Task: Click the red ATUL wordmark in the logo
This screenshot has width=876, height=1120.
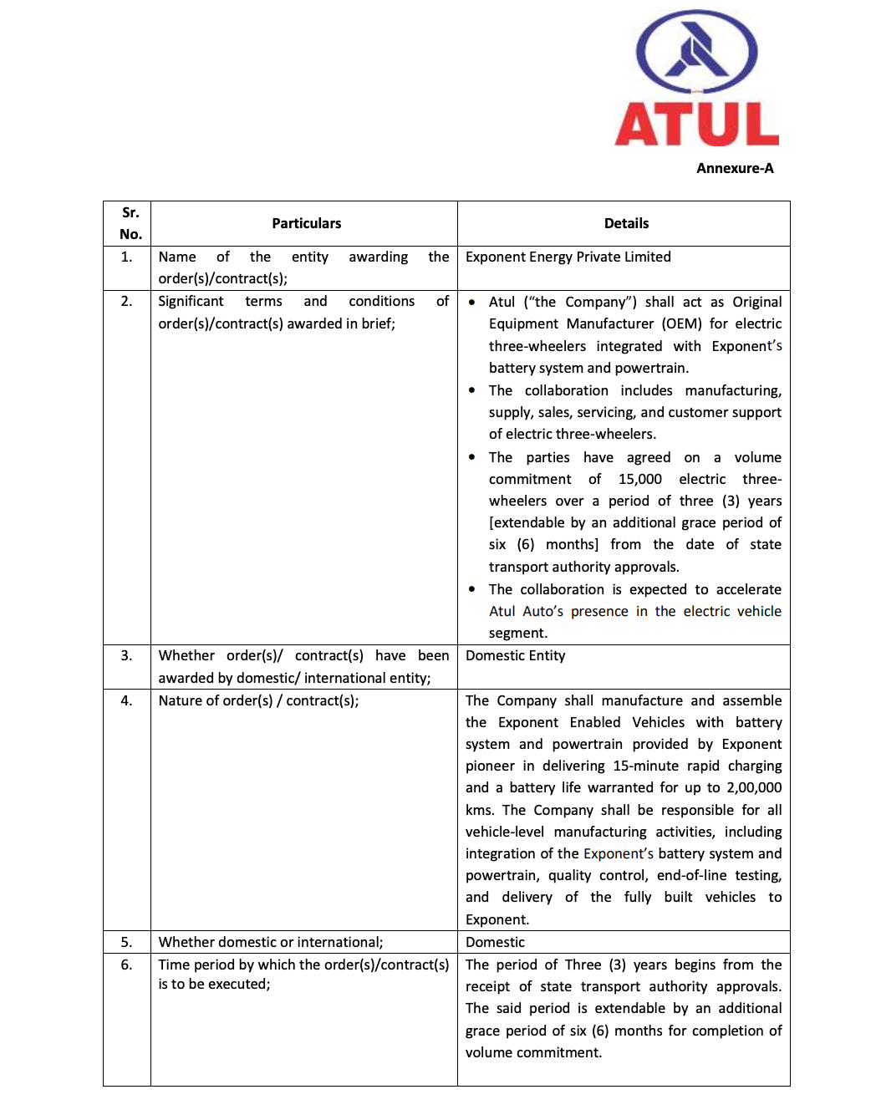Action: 696,125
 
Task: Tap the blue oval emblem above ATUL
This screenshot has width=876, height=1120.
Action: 696,52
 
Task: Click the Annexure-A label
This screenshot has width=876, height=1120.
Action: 735,168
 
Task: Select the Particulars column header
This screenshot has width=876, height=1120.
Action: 306,223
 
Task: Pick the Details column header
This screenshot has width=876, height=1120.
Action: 626,223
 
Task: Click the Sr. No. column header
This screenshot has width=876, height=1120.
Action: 130,223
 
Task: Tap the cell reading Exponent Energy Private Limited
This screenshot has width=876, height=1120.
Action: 568,257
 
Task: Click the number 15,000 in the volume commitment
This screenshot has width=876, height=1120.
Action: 639,479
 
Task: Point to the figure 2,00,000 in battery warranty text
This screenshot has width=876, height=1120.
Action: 754,787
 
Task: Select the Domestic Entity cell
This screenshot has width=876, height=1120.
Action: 515,655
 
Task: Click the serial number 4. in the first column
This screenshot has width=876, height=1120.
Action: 126,700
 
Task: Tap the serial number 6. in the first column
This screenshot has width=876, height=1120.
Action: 126,965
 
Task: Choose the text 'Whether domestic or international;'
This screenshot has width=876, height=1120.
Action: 271,942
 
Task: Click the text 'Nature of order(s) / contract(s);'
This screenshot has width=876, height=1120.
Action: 258,700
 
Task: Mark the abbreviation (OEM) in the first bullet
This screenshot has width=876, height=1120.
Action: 681,323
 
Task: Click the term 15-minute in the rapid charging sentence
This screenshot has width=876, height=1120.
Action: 645,766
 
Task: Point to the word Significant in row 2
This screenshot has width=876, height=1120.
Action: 191,301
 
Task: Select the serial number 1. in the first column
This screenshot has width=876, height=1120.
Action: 126,257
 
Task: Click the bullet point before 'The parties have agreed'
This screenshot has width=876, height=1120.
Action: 472,457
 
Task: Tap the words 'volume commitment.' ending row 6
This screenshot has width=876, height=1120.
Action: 533,1052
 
